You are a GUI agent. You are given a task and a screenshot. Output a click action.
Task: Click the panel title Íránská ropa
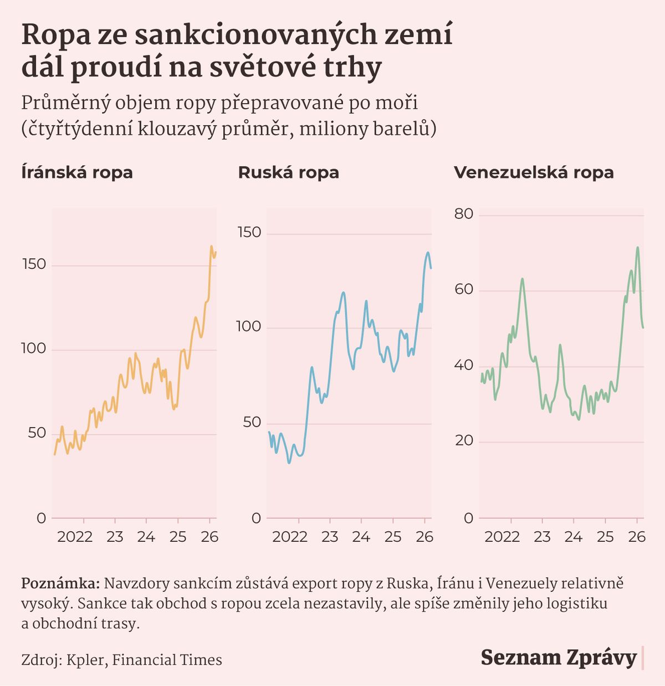(x=77, y=172)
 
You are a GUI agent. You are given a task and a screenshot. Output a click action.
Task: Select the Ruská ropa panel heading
(x=288, y=172)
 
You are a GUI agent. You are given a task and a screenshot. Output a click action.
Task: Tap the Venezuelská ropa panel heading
(x=534, y=172)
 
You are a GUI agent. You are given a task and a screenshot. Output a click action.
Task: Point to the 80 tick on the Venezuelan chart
(x=464, y=214)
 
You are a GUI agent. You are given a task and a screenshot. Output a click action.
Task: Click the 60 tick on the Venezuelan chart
(x=464, y=289)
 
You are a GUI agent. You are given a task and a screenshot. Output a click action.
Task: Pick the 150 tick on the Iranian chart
(x=34, y=265)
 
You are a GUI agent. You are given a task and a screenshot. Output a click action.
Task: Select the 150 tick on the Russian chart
(x=249, y=232)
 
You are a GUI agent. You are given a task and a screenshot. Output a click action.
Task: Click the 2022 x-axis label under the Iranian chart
(x=75, y=537)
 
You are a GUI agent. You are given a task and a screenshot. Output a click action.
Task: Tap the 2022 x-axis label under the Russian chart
(x=290, y=537)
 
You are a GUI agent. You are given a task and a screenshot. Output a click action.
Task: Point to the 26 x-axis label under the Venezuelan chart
(x=637, y=537)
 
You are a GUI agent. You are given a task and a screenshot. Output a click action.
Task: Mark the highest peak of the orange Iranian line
(x=211, y=246)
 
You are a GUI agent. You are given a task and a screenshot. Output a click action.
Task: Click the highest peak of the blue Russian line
(x=428, y=253)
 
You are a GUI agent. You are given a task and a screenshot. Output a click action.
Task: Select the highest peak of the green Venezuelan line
(x=638, y=247)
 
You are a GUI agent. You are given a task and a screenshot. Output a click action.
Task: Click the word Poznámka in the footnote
(x=60, y=583)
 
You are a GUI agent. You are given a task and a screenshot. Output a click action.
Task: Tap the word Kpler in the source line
(x=86, y=660)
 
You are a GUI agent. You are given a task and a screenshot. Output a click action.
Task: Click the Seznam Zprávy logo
(x=559, y=658)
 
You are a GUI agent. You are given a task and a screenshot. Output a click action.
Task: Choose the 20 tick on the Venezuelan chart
(x=464, y=441)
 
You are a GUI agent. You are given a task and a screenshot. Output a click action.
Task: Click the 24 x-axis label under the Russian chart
(x=361, y=537)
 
